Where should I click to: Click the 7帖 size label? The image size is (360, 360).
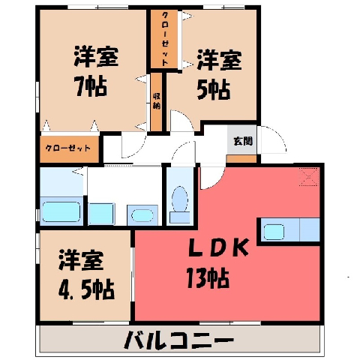click(x=91, y=86)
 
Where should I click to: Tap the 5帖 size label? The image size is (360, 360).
click(x=213, y=89)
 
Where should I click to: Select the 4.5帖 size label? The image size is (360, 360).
click(x=86, y=289)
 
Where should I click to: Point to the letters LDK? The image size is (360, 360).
click(x=218, y=247)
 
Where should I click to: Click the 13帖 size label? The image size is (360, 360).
click(x=207, y=278)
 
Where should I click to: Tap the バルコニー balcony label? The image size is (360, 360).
click(x=179, y=340)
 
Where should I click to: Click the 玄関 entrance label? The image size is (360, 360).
click(x=243, y=141)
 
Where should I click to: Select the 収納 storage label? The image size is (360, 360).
click(x=157, y=101)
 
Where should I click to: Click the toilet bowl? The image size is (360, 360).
click(x=180, y=199)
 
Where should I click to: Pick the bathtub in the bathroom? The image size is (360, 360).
click(x=61, y=211)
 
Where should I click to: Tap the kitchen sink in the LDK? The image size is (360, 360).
click(x=274, y=232)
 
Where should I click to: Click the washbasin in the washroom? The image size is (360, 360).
click(x=142, y=215)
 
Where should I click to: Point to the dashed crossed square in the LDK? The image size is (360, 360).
click(x=310, y=177)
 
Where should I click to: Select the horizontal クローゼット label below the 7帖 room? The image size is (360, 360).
click(x=67, y=148)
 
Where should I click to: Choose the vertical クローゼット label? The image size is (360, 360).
click(x=165, y=39)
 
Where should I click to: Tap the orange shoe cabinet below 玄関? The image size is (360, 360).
click(x=241, y=159)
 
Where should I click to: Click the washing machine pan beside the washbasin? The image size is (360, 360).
click(x=101, y=214)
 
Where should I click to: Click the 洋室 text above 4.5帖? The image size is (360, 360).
click(x=81, y=260)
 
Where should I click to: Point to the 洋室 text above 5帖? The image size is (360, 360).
click(x=219, y=60)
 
